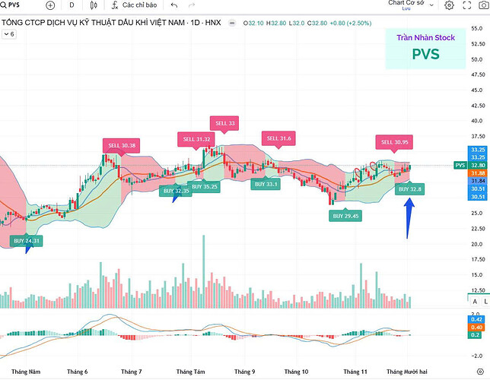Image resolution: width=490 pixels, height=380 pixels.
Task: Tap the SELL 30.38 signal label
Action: pyautogui.click(x=122, y=146)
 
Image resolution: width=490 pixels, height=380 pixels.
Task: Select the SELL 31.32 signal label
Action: pyautogui.click(x=196, y=139)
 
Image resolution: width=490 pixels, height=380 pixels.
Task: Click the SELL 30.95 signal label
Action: pyautogui.click(x=395, y=142)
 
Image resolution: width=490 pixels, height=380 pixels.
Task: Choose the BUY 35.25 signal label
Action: pyautogui.click(x=204, y=186)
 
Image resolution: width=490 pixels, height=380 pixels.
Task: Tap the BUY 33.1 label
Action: pyautogui.click(x=266, y=184)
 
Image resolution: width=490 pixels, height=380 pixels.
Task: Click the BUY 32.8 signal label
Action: pyautogui.click(x=415, y=188)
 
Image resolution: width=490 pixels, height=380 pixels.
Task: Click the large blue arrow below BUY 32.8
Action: pyautogui.click(x=409, y=217)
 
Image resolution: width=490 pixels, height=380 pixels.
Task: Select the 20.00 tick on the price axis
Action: pyautogui.click(x=478, y=244)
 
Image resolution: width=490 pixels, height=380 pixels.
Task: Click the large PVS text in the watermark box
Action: pyautogui.click(x=426, y=54)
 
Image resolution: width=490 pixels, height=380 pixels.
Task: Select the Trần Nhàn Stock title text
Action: pyautogui.click(x=425, y=36)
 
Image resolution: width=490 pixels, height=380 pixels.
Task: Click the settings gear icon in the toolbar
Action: pyautogui.click(x=450, y=5)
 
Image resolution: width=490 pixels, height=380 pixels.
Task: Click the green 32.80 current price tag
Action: pyautogui.click(x=479, y=165)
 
